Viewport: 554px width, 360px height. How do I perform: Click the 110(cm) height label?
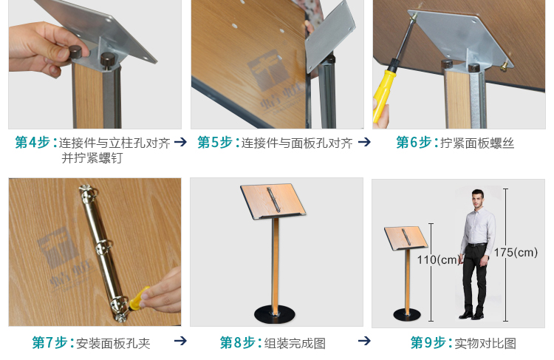(438, 259)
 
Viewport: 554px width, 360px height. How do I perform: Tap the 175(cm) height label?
(516, 252)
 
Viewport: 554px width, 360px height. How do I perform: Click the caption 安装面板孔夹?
(113, 344)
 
